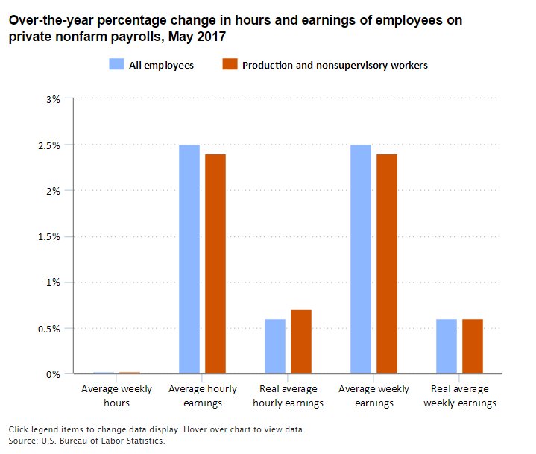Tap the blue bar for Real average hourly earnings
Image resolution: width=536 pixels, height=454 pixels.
point(275,346)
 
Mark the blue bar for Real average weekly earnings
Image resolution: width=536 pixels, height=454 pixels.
point(447,346)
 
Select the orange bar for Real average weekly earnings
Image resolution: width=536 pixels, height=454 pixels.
point(473,346)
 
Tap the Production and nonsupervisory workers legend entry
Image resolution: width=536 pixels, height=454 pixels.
point(325,65)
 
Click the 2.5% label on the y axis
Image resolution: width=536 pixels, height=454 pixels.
point(51,145)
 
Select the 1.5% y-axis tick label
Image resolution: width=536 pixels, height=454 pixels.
point(51,236)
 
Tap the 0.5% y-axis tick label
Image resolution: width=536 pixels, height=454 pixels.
point(51,328)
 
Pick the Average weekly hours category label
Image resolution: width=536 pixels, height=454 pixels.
point(116,396)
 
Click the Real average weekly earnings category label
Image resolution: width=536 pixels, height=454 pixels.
point(459,396)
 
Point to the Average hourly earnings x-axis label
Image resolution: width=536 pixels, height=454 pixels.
point(202,396)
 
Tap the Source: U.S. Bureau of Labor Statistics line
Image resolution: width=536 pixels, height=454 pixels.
point(86,441)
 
